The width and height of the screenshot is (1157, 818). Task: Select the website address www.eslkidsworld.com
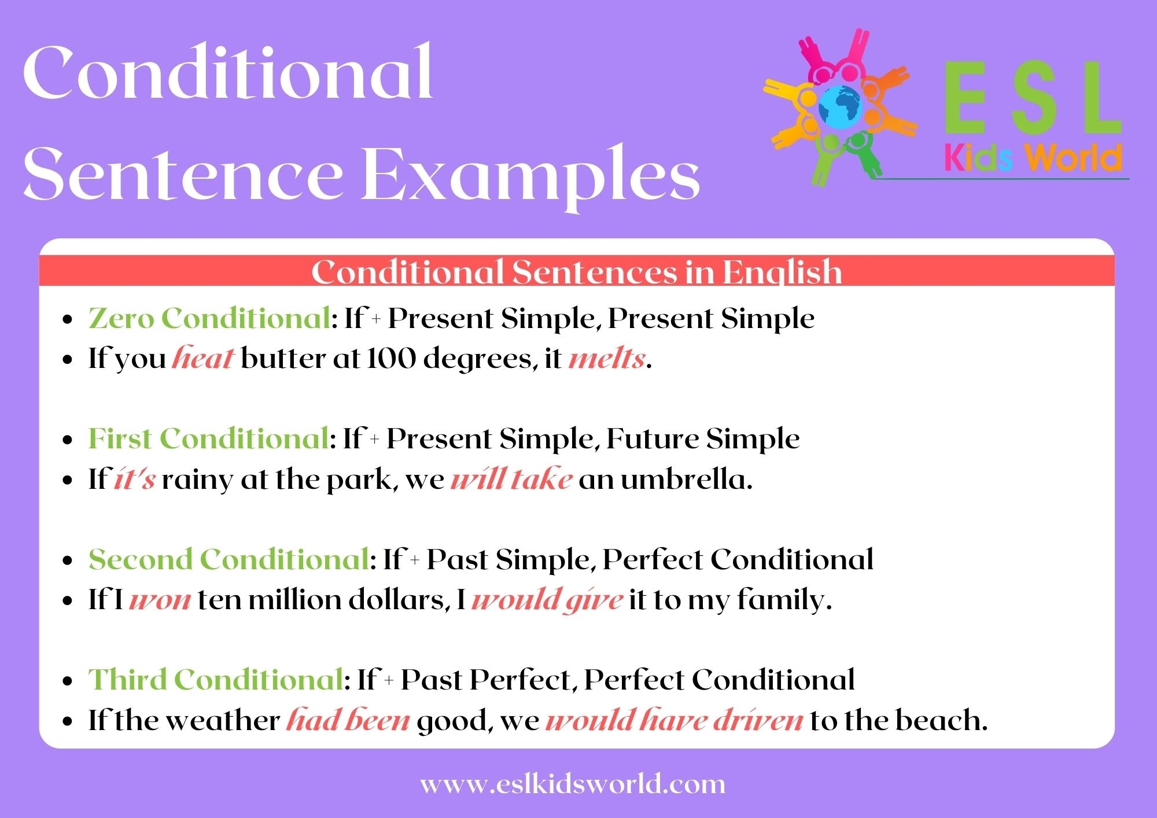pyautogui.click(x=572, y=785)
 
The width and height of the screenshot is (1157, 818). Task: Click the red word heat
pyautogui.click(x=202, y=359)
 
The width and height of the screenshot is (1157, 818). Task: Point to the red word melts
pyautogui.click(x=606, y=359)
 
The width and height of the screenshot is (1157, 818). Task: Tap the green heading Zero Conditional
pyautogui.click(x=209, y=318)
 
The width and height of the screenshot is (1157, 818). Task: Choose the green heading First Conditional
pyautogui.click(x=208, y=439)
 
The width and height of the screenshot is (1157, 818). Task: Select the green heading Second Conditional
pyautogui.click(x=228, y=559)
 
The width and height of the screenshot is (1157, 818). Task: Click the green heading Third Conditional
pyautogui.click(x=215, y=680)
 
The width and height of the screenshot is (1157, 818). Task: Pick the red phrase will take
pyautogui.click(x=511, y=480)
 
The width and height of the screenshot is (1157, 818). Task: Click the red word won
pyautogui.click(x=160, y=600)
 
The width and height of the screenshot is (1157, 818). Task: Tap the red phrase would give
pyautogui.click(x=547, y=600)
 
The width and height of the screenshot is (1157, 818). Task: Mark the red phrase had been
pyautogui.click(x=348, y=721)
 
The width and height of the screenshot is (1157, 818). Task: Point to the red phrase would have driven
pyautogui.click(x=674, y=721)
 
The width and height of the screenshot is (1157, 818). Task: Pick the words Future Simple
pyautogui.click(x=703, y=439)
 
